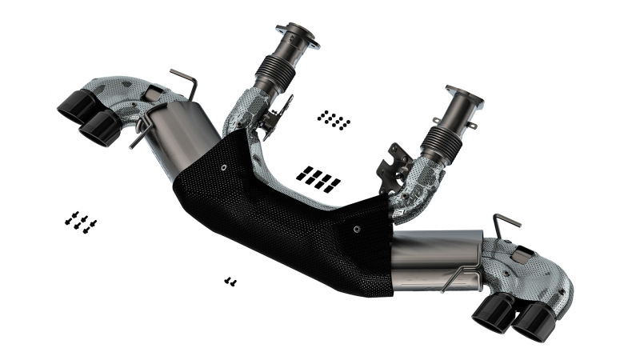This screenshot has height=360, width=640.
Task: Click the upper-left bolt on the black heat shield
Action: point(222,167)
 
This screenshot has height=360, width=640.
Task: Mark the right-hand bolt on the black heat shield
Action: point(357,227)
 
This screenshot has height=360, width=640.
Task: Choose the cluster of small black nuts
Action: point(334,120)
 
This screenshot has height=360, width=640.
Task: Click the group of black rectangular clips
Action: point(318,178)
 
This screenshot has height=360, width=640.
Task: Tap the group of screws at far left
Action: point(81,221)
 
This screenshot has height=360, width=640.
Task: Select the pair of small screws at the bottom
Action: point(230,281)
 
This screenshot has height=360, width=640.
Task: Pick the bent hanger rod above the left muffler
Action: point(184,80)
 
